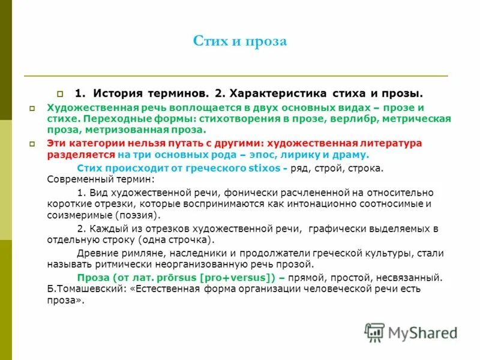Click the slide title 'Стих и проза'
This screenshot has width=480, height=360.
(240, 41)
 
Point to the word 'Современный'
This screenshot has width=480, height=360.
(76, 179)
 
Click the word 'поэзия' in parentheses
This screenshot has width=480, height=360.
(139, 214)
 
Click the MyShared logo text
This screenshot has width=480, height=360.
(422, 332)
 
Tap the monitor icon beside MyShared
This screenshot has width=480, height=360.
(374, 332)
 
